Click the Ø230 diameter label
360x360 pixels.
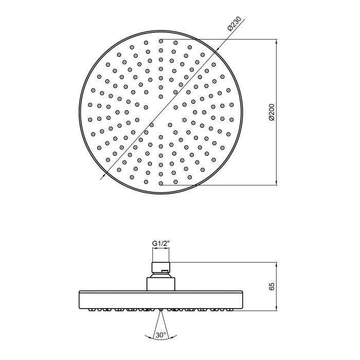coord(235,24)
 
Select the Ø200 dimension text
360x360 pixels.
coord(272,112)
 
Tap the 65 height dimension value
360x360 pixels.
coord(272,286)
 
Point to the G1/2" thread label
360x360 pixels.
coord(161,244)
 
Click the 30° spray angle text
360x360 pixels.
coord(160,335)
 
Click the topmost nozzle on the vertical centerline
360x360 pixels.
coord(161,41)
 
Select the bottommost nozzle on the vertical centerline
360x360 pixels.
coord(161,183)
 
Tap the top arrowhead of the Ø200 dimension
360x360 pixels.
coord(277,42)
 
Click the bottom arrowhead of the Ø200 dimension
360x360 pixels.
coord(277,182)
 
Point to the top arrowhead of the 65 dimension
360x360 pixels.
coord(277,265)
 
